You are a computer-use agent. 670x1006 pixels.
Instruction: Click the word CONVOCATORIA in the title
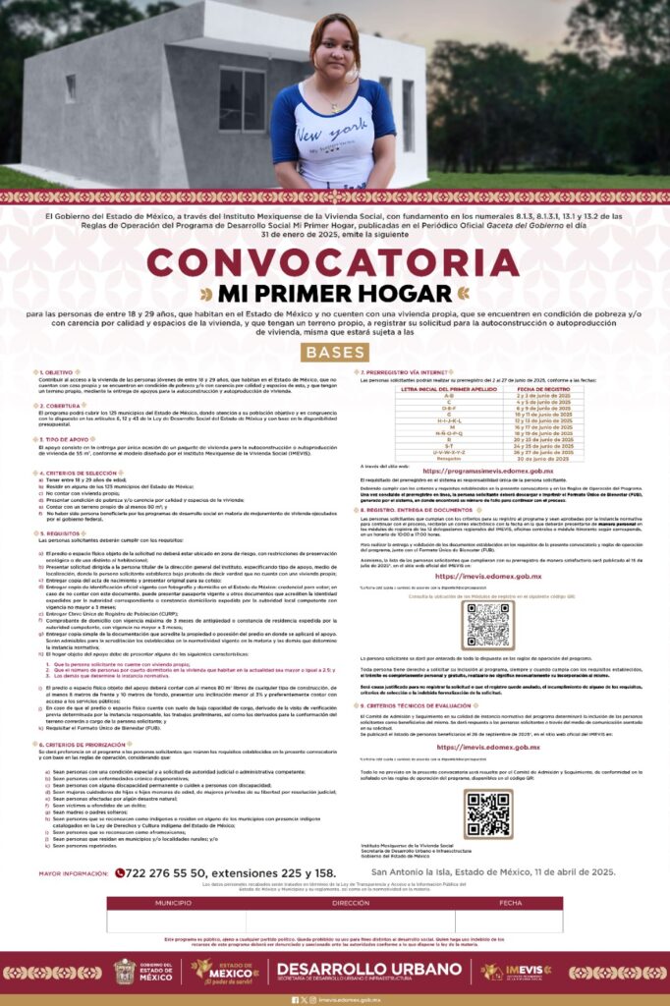[x=335, y=263]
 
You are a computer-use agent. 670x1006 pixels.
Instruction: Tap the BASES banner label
[x=335, y=352]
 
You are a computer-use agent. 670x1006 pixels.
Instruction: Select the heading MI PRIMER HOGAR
[x=335, y=293]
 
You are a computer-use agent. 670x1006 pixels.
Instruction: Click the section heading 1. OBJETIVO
[x=56, y=373]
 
